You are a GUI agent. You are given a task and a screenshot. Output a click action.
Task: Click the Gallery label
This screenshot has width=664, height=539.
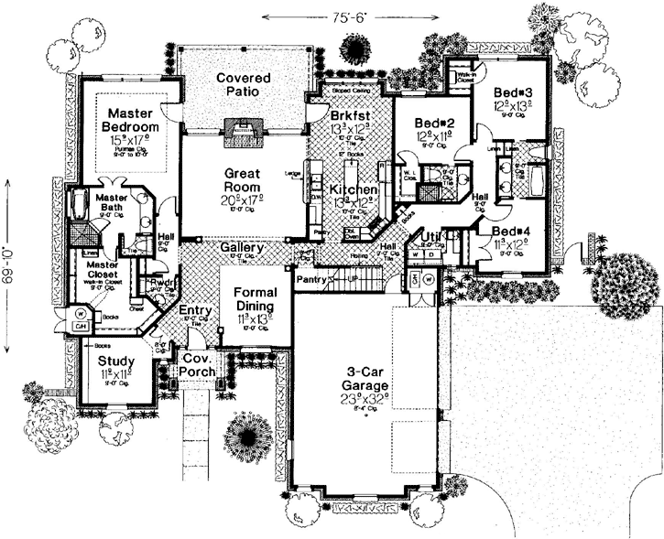pyautogui.click(x=244, y=248)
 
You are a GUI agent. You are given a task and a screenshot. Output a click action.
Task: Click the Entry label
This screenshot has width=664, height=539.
pyautogui.click(x=195, y=310)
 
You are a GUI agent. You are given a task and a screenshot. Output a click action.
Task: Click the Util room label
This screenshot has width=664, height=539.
pyautogui.click(x=431, y=239)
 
